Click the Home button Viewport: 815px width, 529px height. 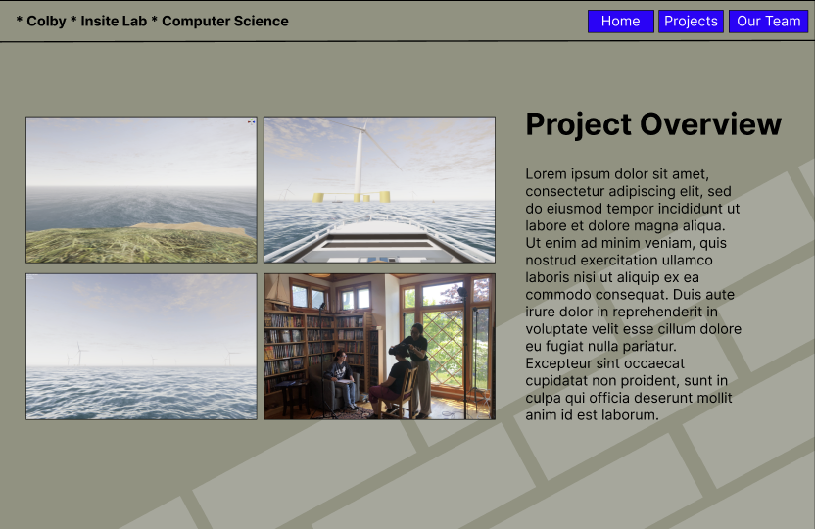pyautogui.click(x=620, y=22)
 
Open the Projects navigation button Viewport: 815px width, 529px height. pyautogui.click(x=691, y=22)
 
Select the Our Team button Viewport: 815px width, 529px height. pyautogui.click(x=768, y=22)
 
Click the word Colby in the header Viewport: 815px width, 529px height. pyautogui.click(x=46, y=21)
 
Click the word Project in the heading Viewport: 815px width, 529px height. pyautogui.click(x=578, y=124)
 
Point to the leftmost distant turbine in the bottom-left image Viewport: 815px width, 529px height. pyautogui.click(x=80, y=352)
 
